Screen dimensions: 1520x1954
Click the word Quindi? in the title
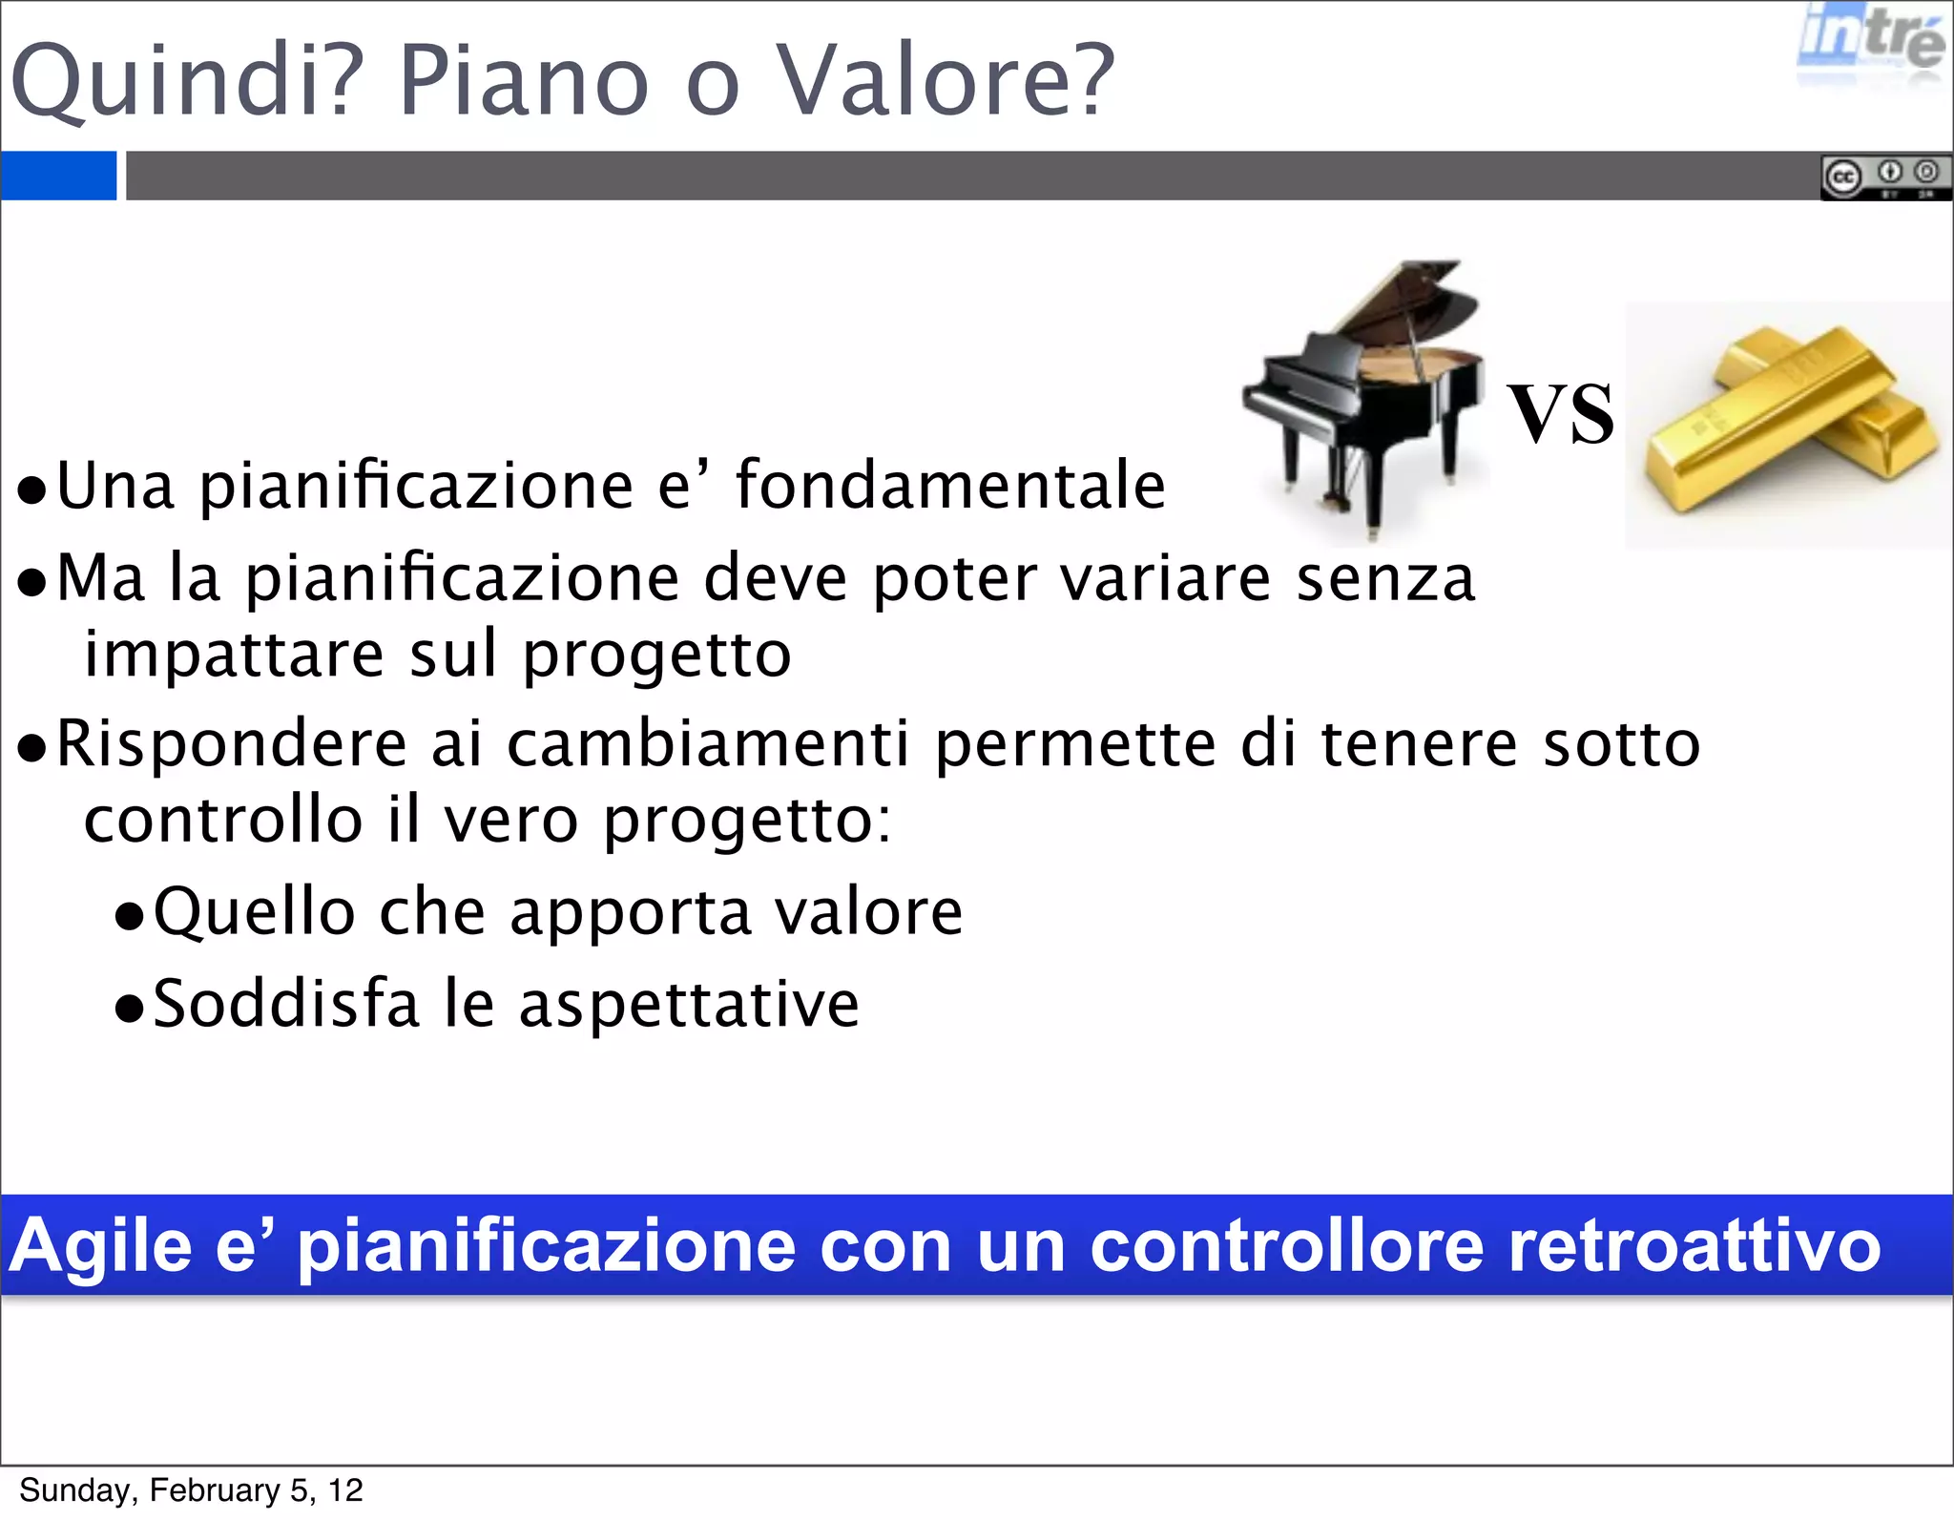187,81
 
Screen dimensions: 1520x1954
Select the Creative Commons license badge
1884,177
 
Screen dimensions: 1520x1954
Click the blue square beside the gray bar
58,176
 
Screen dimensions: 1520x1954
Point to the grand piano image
1364,401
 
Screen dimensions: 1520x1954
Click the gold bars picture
1788,425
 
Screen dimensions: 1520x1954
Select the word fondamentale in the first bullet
950,486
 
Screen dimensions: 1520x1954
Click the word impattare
235,655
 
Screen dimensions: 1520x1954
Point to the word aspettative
689,1005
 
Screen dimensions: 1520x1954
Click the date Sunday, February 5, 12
191,1489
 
